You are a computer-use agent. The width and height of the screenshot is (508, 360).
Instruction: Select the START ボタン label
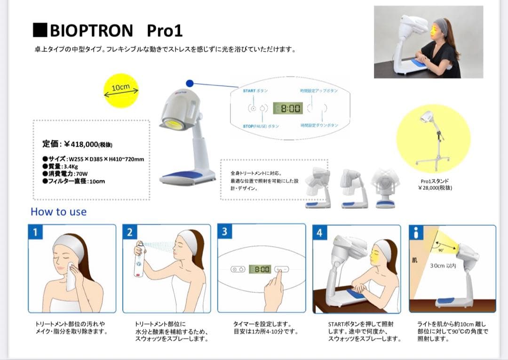[255, 90]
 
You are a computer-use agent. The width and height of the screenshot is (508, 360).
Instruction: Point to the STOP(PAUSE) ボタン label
[261, 126]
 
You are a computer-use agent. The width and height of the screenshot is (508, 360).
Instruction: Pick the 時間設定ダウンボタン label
[319, 126]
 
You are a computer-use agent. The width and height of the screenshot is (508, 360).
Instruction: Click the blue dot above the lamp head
[190, 83]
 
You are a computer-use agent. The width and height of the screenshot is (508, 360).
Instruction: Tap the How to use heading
[58, 212]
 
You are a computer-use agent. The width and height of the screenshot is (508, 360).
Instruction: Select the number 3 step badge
[224, 232]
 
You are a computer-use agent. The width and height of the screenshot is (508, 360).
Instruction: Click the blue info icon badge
[416, 232]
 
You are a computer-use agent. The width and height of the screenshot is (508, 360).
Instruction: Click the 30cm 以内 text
[443, 266]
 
